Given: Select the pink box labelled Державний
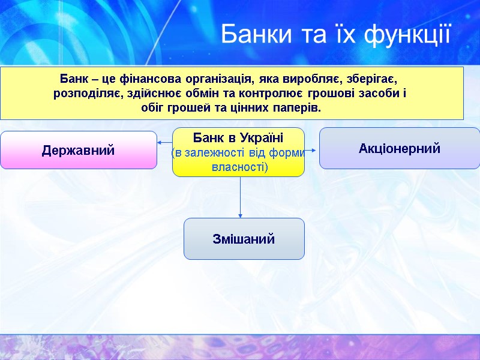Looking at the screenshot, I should pyautogui.click(x=78, y=150).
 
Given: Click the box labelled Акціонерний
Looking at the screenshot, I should pyautogui.click(x=400, y=148).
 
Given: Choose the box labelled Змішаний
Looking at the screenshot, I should pyautogui.click(x=244, y=239).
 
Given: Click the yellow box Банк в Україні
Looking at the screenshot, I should pyautogui.click(x=238, y=152).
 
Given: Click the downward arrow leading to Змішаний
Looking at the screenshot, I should pyautogui.click(x=241, y=198).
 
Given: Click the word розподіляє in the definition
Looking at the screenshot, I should pyautogui.click(x=89, y=94).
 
